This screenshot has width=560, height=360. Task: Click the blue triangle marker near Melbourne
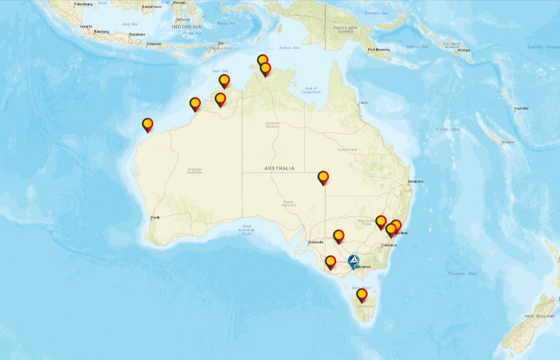[354, 261]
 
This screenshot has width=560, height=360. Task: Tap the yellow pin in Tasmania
[362, 295]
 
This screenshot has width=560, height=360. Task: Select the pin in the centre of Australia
[323, 177]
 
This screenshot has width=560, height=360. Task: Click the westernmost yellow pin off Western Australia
[147, 124]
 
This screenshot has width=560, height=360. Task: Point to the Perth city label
[155, 217]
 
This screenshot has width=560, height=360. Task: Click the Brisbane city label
[416, 182]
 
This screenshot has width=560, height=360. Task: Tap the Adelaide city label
[316, 242]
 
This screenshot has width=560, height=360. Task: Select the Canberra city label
[389, 245]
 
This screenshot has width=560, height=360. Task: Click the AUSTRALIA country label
[279, 168]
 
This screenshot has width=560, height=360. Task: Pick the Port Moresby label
[378, 50]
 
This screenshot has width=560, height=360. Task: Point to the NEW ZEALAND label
[539, 316]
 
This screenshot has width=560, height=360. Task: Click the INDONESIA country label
[186, 27]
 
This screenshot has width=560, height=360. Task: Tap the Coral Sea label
[448, 129]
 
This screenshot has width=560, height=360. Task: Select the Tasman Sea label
[462, 273]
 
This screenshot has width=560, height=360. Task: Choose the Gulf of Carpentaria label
[311, 90]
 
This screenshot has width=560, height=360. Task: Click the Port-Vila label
[521, 109]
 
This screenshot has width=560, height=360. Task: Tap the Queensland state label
[347, 150]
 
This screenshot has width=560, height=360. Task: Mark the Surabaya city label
[136, 34]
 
